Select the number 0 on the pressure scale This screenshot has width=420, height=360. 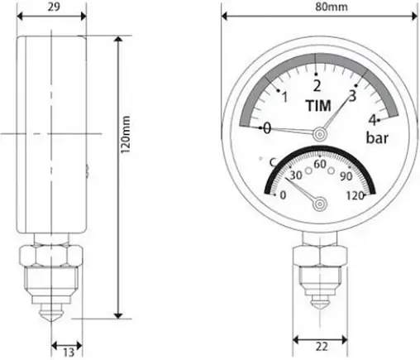[266, 128]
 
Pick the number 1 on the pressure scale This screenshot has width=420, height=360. [284, 98]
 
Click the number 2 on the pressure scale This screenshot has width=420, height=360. [316, 85]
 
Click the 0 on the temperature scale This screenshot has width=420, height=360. [284, 195]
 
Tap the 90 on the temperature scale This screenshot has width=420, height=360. [346, 175]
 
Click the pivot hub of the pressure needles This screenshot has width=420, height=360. [319, 132]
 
